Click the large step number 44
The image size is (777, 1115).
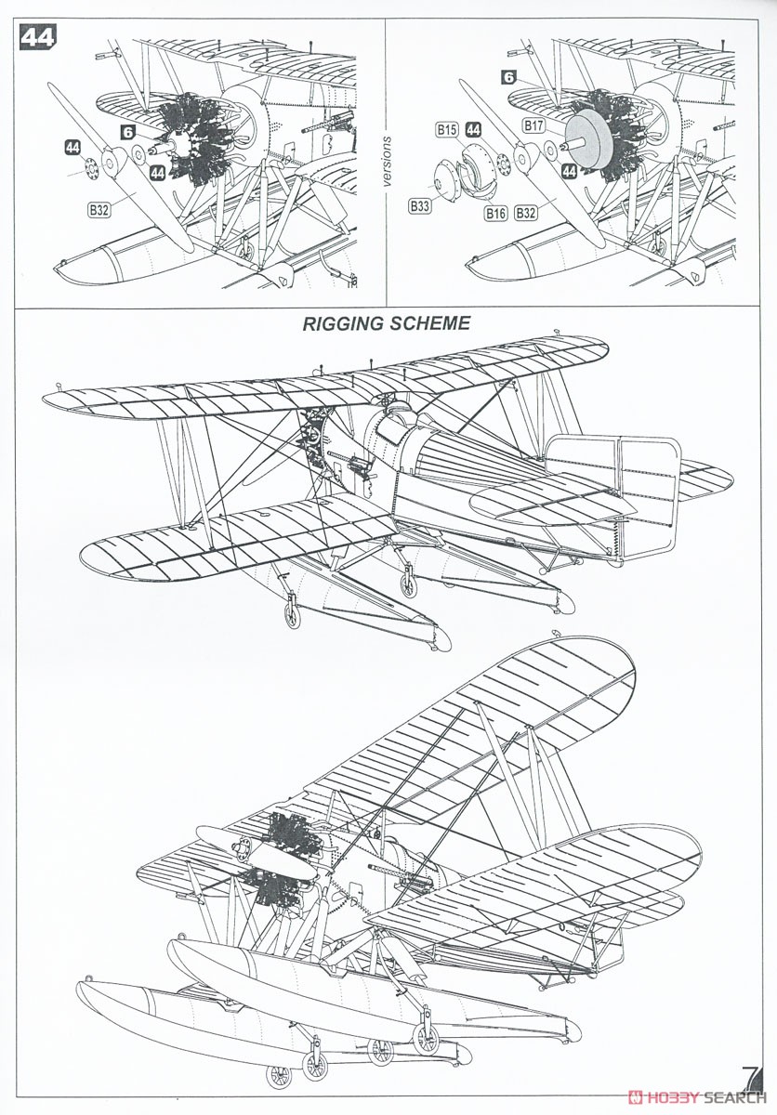click(x=37, y=37)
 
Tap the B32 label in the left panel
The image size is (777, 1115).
click(x=99, y=210)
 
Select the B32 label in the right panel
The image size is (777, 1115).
click(x=526, y=213)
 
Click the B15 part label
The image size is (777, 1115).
click(x=446, y=130)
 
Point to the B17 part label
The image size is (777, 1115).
click(x=533, y=126)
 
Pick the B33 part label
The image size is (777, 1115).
click(x=419, y=205)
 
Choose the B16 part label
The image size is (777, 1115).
click(x=495, y=214)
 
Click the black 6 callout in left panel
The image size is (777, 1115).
click(x=128, y=132)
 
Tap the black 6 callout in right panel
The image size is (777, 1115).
click(x=508, y=77)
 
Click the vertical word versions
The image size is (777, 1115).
click(x=388, y=162)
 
